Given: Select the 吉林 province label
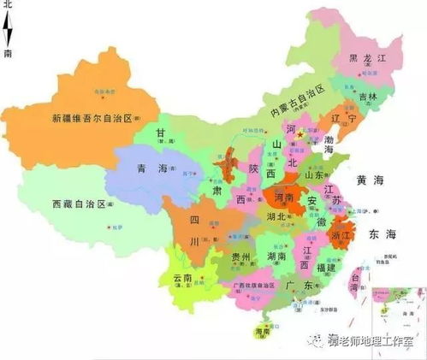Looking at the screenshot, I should coord(369,97).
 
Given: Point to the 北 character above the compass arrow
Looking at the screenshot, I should coord(8,6).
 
